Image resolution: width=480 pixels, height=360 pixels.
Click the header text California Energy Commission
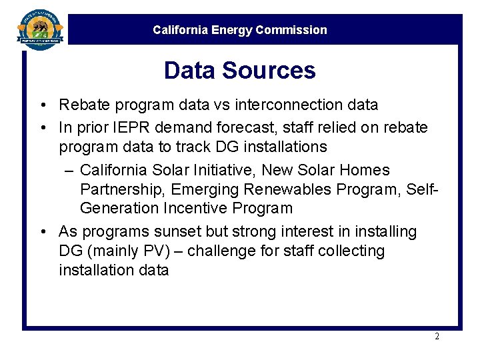coord(239,30)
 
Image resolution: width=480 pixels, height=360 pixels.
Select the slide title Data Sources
coord(239,71)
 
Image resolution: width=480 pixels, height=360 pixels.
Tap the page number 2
coord(437,337)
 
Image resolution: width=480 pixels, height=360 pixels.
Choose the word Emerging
coord(204,190)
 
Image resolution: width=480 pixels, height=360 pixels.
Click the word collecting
coord(352,251)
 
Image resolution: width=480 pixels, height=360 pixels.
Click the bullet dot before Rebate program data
coord(42,105)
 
